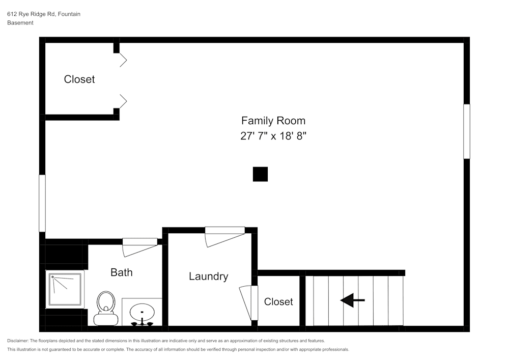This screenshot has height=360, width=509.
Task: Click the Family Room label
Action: coord(273,121)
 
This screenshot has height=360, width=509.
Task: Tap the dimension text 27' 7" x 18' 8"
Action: coord(273,136)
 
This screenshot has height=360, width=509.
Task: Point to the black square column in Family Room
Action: coord(260,174)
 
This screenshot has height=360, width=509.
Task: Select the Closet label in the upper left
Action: coord(79,79)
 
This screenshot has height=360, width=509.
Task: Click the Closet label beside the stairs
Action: coord(278,302)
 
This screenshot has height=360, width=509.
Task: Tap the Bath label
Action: coord(122,272)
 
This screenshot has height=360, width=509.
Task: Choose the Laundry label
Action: coord(208,276)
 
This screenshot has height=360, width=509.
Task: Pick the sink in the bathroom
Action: coord(142,312)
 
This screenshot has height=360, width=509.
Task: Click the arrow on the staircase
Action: coord(352,300)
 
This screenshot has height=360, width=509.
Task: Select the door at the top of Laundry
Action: coord(224,236)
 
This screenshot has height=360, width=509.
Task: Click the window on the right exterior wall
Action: coord(466,131)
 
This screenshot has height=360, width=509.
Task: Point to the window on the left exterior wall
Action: coord(42,204)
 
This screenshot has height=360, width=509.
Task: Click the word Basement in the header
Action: coord(20,23)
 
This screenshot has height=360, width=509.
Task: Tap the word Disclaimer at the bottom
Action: coord(18,341)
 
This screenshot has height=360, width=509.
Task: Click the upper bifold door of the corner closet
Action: coord(123,60)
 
